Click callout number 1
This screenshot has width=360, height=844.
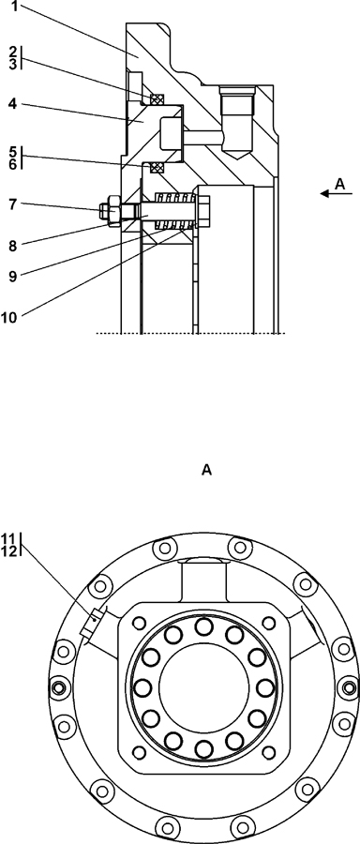pos(15,8)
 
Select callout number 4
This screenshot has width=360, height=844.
pos(12,103)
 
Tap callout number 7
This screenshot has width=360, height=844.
pos(13,203)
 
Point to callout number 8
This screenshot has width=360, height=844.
pos(13,246)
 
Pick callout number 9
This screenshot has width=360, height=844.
pos(13,276)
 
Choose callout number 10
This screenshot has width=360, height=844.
pos(9,317)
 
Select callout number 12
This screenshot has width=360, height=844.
pos(8,550)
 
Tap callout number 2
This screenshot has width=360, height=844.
pos(13,53)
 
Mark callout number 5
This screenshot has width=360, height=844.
pos(13,152)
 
